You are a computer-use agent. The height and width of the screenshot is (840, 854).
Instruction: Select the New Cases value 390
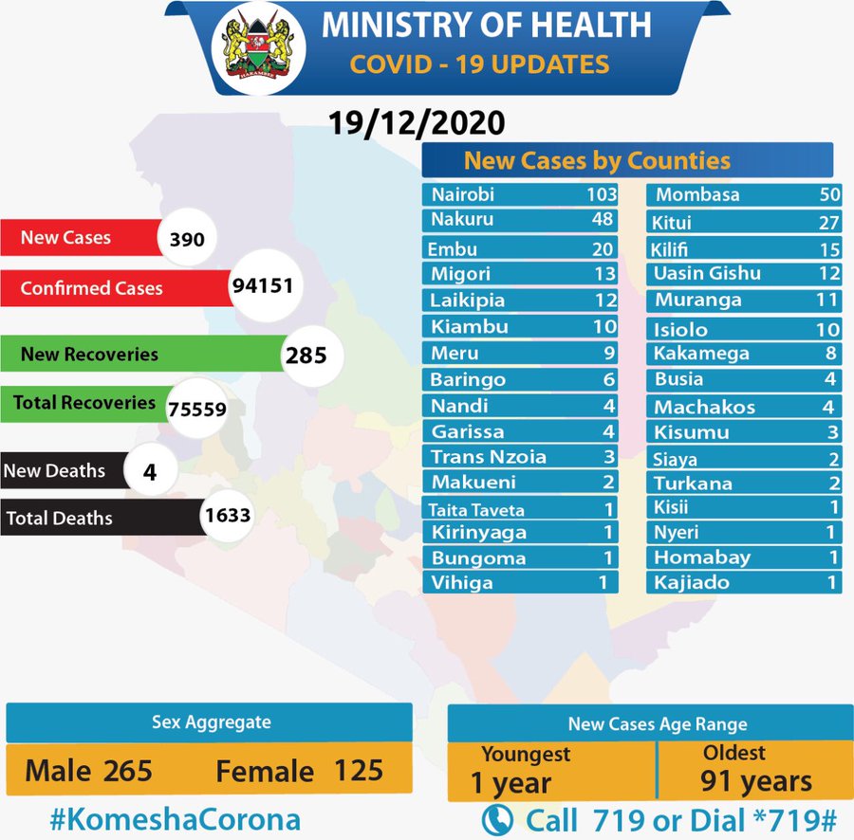point(187,239)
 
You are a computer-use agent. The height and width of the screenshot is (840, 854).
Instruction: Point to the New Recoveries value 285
point(306,356)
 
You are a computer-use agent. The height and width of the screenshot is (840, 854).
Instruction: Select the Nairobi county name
point(463,195)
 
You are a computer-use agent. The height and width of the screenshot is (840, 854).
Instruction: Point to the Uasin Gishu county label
point(707,273)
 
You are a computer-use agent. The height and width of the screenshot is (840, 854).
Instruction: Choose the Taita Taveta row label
point(476,510)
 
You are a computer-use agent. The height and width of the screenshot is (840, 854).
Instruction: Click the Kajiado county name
point(692,582)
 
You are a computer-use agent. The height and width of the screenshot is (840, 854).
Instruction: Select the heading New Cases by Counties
point(597,160)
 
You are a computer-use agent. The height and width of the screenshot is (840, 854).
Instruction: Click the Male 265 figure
point(88,770)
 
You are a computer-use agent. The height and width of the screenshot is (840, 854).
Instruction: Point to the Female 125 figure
point(299,770)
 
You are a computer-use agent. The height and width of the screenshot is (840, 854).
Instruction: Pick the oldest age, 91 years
point(756,781)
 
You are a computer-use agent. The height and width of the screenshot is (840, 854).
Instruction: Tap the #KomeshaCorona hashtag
point(176,819)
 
